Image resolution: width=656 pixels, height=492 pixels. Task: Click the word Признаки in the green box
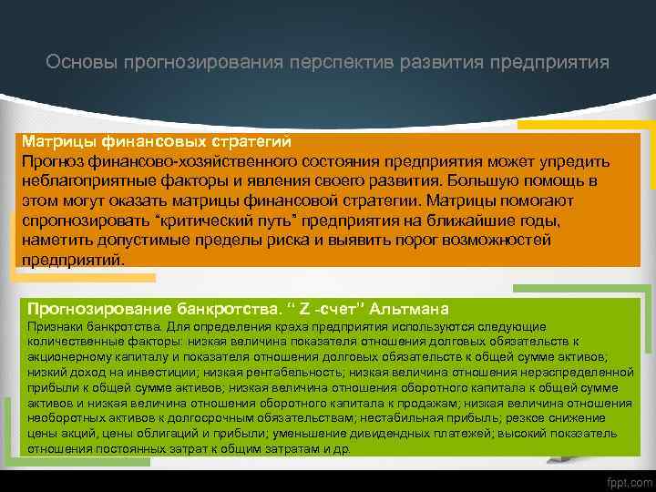coord(56,325)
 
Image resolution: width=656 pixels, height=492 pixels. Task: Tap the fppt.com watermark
coord(629,480)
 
